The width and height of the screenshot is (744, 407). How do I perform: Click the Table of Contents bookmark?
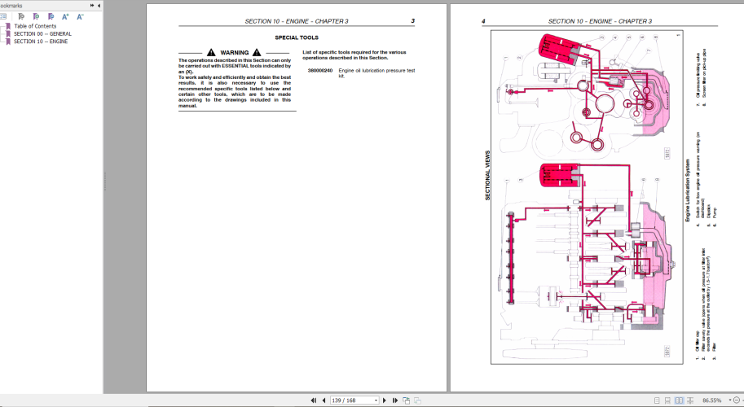(x=34, y=26)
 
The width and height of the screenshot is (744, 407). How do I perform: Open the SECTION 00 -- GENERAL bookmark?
(x=42, y=33)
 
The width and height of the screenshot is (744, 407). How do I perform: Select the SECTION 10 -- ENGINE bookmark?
(x=41, y=41)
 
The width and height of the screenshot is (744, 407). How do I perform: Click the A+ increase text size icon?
(x=66, y=16)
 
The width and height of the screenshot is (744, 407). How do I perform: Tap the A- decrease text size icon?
(x=80, y=16)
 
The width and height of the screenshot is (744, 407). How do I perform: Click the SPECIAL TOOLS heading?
(x=297, y=37)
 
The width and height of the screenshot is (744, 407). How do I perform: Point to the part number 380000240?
(x=320, y=71)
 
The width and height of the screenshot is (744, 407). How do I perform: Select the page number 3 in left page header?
(x=412, y=21)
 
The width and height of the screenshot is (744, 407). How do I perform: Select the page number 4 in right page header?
(x=483, y=21)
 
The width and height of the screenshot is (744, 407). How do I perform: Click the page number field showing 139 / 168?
(x=352, y=400)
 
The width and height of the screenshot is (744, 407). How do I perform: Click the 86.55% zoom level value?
(x=711, y=400)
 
